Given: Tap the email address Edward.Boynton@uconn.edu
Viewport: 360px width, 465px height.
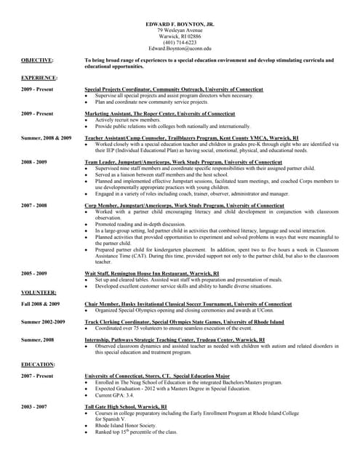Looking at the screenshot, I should click(x=181, y=48).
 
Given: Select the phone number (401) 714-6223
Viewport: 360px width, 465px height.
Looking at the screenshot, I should click(x=181, y=42).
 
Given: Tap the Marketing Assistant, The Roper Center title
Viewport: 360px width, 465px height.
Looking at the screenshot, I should click(x=159, y=114).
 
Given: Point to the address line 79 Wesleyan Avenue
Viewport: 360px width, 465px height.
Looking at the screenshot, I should click(x=181, y=30).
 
